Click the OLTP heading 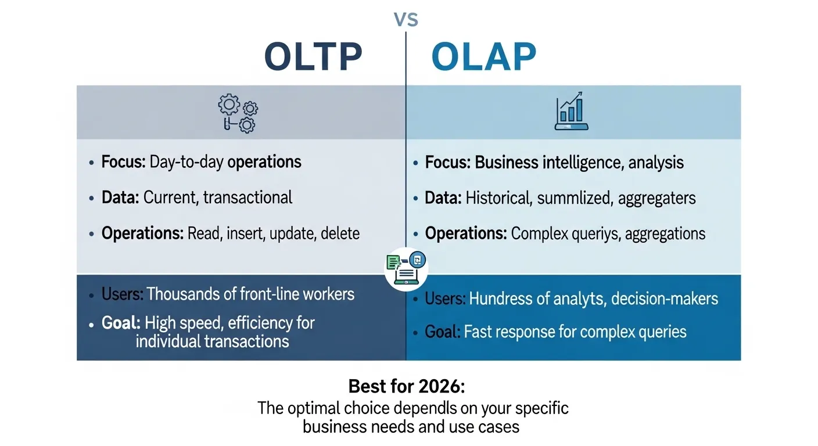[x=313, y=57]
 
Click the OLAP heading [x=483, y=57]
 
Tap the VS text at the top [x=406, y=20]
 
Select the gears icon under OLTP [x=238, y=113]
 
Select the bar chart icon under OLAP [x=572, y=113]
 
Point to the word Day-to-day [x=186, y=161]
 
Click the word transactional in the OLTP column [x=247, y=197]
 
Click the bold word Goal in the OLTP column [x=120, y=322]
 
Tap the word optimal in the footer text [x=317, y=408]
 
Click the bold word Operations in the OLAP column [x=465, y=234]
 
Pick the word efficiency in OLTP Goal [x=272, y=322]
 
